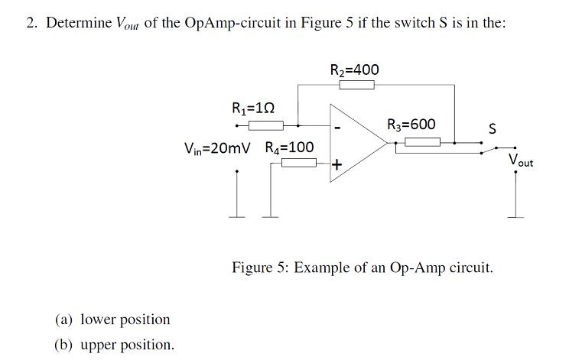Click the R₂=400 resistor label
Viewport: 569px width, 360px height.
pos(354,70)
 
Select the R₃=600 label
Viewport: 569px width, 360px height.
pos(411,125)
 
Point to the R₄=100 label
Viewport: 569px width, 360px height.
pos(289,148)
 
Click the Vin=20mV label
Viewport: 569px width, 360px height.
pos(217,148)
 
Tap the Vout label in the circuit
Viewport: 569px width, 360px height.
pos(521,161)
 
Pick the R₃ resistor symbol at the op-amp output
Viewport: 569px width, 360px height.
pos(422,141)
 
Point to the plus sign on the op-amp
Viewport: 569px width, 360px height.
pos(337,164)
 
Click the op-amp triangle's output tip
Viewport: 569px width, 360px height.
pos(387,144)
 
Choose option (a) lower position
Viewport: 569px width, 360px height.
pos(112,319)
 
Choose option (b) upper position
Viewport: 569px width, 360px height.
pos(114,344)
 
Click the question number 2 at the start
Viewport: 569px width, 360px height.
pos(31,22)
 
